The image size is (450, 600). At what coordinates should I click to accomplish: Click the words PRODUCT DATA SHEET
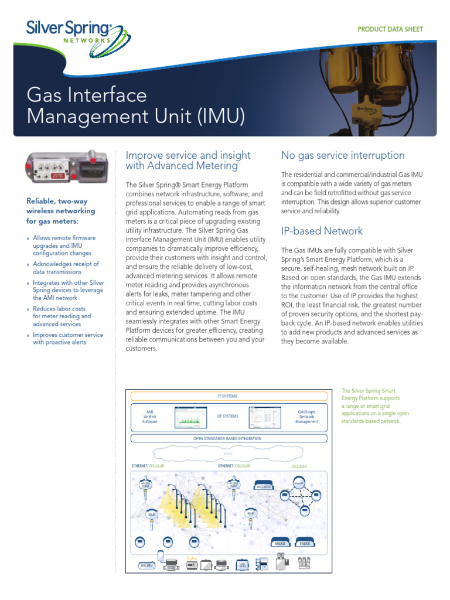pos(390,29)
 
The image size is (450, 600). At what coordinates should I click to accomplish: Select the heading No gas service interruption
pos(343,155)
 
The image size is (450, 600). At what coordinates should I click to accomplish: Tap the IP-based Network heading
pos(322,231)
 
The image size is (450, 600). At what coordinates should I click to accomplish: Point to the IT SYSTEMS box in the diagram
pos(227,396)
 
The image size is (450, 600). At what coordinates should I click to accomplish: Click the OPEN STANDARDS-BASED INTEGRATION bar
pos(227,438)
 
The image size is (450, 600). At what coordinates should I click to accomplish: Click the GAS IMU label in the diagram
pos(146,566)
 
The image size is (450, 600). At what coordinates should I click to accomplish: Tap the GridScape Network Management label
pos(306,417)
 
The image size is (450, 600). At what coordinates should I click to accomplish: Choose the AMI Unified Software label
pos(150,417)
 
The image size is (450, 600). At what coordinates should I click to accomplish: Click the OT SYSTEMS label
pos(227,416)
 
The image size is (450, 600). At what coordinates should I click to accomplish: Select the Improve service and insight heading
pos(188,161)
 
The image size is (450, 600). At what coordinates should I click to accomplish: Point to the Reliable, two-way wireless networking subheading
pos(60,211)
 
